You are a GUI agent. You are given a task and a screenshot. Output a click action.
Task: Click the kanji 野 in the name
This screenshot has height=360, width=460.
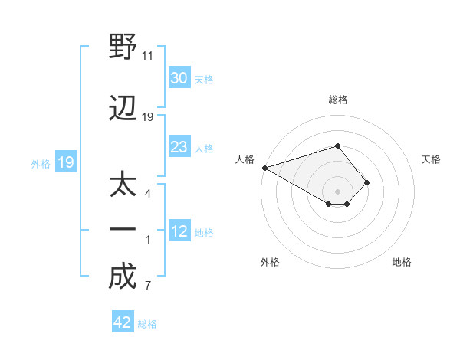123,46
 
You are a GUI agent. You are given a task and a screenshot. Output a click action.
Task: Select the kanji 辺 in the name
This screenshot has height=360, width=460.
123,108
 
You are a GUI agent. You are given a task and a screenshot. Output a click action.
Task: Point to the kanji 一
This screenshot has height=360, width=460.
123,229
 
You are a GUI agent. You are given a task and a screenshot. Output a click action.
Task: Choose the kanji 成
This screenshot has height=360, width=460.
123,276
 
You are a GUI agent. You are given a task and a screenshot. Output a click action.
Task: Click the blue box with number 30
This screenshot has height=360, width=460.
179,77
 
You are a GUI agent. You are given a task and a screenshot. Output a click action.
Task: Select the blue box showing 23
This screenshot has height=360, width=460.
179,146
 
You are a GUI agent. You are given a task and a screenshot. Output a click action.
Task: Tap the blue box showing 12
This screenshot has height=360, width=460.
179,230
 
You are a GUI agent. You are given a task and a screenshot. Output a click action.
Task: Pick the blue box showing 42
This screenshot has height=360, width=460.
123,321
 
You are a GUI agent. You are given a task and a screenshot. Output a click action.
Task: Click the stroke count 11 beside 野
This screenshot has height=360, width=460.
147,56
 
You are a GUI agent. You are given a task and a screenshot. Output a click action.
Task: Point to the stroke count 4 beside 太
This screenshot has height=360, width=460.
148,194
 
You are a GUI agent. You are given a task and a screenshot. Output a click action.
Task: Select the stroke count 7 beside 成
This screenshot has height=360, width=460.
148,285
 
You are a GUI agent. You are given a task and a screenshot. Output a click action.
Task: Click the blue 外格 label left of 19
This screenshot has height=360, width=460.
41,164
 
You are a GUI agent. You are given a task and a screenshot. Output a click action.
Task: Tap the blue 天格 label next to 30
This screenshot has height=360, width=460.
204,80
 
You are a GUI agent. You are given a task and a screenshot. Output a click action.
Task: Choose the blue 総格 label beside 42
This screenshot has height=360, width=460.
147,324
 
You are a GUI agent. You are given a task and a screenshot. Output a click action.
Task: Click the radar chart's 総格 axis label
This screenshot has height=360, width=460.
338,100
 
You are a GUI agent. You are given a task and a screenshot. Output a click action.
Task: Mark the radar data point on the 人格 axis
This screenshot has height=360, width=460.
265,168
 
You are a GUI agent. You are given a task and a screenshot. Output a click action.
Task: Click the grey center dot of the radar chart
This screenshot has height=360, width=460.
337,191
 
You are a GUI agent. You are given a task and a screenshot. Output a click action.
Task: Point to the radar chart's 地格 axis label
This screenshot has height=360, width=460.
402,262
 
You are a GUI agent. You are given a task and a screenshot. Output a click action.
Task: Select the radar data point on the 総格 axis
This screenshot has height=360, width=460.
337,146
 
